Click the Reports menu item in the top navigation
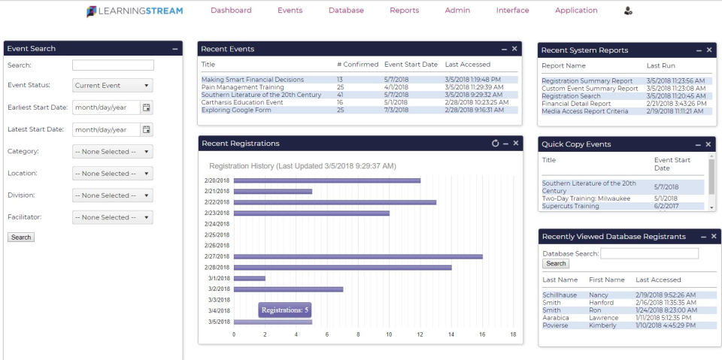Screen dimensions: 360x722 (x=404, y=11)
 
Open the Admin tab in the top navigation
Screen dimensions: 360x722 (x=457, y=11)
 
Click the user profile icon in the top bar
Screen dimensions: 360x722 (x=628, y=11)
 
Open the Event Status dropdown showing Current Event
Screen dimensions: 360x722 (x=113, y=86)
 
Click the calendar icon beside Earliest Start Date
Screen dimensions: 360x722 (x=147, y=107)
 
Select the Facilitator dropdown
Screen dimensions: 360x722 (x=113, y=217)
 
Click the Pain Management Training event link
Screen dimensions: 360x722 (x=242, y=87)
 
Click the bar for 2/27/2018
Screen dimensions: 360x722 (x=357, y=256)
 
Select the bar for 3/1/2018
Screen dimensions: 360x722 (x=249, y=278)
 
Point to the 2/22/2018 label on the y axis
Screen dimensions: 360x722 (x=217, y=202)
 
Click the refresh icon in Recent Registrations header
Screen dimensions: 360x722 (x=495, y=144)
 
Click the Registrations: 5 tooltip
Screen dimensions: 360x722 (x=284, y=310)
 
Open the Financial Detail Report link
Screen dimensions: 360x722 (x=576, y=104)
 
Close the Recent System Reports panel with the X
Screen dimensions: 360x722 (x=709, y=50)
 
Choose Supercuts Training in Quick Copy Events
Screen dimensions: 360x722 (x=570, y=206)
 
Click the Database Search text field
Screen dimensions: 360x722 (x=649, y=254)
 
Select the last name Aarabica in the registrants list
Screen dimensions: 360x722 (x=556, y=318)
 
